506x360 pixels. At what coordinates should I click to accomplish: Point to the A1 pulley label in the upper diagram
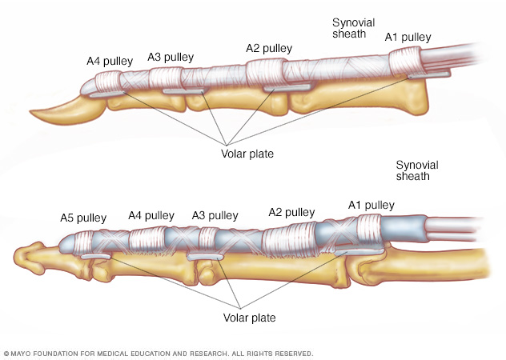[x=408, y=37]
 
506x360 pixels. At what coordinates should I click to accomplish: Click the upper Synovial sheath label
[x=353, y=28]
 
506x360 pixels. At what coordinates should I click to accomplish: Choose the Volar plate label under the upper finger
[x=247, y=153]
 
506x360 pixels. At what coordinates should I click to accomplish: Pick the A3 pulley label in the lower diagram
[x=215, y=215]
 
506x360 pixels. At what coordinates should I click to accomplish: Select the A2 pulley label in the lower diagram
[x=291, y=212]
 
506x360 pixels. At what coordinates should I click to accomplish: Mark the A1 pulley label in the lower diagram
[x=371, y=205]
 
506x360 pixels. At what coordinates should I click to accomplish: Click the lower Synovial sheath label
[x=417, y=170]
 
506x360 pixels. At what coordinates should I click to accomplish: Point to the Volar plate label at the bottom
[x=248, y=318]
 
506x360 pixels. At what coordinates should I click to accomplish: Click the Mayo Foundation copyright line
[x=159, y=353]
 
